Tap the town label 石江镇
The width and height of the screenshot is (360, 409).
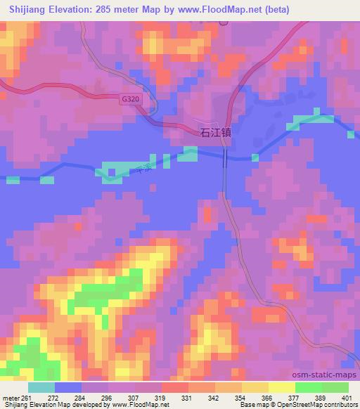[216, 131]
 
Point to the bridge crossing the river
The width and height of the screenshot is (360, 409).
[225, 159]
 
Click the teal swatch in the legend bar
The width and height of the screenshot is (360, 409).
[41, 387]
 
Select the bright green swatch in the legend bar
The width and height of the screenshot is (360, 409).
[308, 387]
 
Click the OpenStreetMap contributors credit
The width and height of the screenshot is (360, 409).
[309, 405]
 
